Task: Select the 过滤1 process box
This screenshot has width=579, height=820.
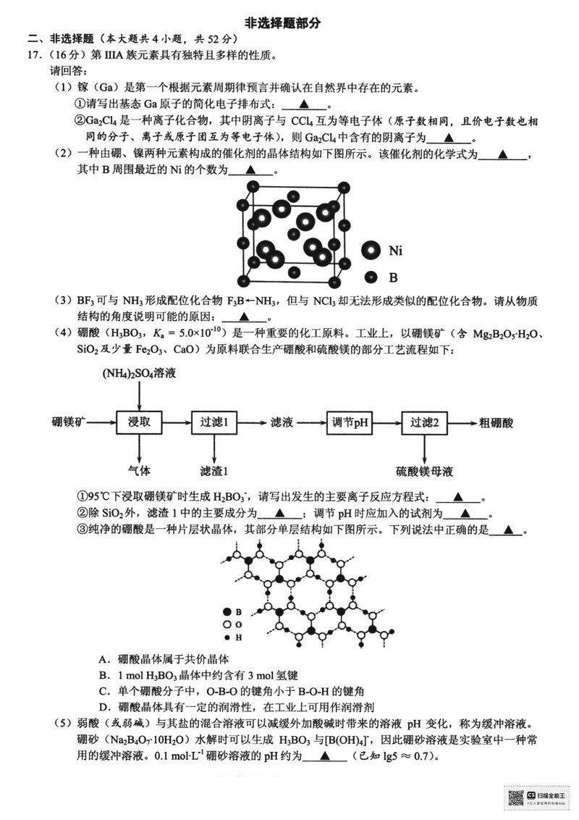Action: pyautogui.click(x=215, y=422)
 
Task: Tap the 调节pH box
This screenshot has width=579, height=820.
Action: pyautogui.click(x=350, y=422)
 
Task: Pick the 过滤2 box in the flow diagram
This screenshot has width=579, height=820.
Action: pyautogui.click(x=425, y=422)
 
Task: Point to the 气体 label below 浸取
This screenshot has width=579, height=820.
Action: pyautogui.click(x=138, y=470)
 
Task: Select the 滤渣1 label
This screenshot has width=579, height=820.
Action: pyautogui.click(x=214, y=471)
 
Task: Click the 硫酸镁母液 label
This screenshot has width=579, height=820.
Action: pyautogui.click(x=424, y=471)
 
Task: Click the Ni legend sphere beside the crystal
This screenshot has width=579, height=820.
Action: pyautogui.click(x=372, y=251)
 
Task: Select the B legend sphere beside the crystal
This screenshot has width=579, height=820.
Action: pyautogui.click(x=371, y=276)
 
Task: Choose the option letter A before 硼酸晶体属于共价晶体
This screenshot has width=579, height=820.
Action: pyautogui.click(x=103, y=659)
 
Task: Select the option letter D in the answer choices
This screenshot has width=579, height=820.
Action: pyautogui.click(x=103, y=706)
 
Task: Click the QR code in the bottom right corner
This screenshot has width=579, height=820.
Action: pyautogui.click(x=515, y=796)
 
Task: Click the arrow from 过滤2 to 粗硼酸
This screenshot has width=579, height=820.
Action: pyautogui.click(x=461, y=422)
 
